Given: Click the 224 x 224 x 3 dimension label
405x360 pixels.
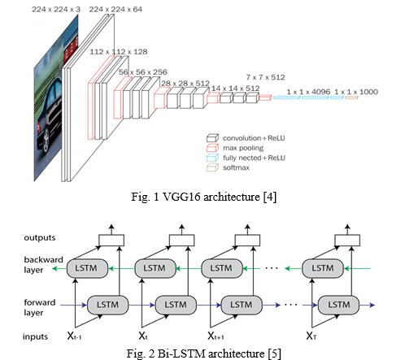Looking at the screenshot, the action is click(x=56, y=9).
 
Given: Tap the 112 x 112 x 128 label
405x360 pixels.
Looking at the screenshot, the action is click(x=119, y=52).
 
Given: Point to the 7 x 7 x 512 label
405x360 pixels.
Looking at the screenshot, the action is click(x=265, y=77).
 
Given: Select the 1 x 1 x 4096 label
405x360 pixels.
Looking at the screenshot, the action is click(x=308, y=92).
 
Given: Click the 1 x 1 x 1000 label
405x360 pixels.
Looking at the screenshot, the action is click(x=356, y=92).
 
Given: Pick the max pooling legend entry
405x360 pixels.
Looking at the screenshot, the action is click(x=235, y=148).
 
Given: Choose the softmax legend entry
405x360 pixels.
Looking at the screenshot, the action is click(x=228, y=167).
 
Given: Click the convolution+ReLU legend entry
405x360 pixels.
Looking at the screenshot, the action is click(x=246, y=138).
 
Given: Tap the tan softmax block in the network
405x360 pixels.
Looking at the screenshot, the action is click(x=351, y=98).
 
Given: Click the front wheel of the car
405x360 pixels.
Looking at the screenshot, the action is click(x=46, y=140).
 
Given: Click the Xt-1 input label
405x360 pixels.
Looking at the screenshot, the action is click(x=74, y=336).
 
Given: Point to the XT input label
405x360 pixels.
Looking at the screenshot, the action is click(x=311, y=336).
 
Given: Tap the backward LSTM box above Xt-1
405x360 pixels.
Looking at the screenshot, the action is click(x=87, y=268).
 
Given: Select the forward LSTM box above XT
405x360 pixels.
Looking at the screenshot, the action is click(x=338, y=305).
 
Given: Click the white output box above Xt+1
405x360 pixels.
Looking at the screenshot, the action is click(x=247, y=241).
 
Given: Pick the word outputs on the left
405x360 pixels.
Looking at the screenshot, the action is click(x=40, y=238).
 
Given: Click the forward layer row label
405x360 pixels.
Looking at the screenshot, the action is click(x=40, y=307).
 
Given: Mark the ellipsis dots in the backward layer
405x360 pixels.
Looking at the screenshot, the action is click(x=272, y=268).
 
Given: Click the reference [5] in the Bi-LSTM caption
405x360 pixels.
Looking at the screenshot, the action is click(x=274, y=353).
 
